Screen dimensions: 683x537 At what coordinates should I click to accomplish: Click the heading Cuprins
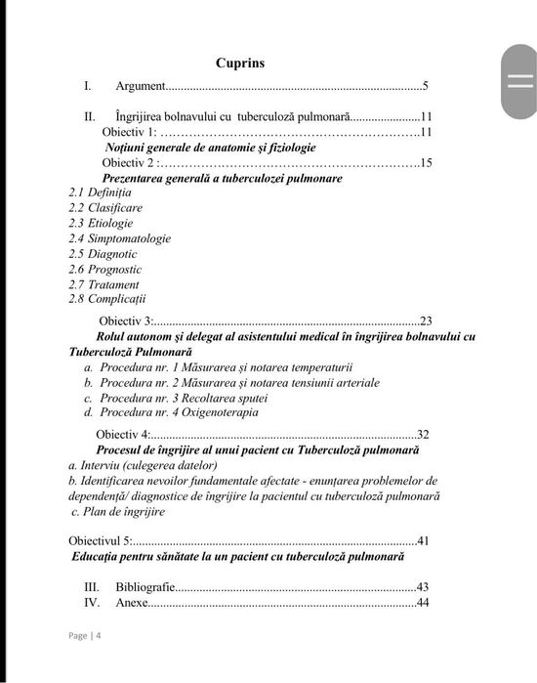(239, 64)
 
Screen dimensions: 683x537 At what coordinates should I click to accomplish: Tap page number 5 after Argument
(426, 87)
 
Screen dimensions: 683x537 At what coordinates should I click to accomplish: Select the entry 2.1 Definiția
(100, 192)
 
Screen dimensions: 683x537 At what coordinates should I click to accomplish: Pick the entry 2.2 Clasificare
(105, 208)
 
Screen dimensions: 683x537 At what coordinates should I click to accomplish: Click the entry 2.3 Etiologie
(101, 223)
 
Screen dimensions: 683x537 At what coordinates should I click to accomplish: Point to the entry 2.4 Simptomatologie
(119, 238)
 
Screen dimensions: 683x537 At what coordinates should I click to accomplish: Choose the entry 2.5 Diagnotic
(103, 254)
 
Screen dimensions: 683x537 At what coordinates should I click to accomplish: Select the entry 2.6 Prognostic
(105, 269)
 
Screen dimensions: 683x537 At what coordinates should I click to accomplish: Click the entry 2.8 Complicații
(107, 299)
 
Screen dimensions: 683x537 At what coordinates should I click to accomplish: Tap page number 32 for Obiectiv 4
(423, 435)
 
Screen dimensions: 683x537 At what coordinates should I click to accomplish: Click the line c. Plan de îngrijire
(118, 511)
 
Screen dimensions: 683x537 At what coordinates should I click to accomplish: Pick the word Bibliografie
(145, 587)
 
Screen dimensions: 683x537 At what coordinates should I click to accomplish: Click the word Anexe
(132, 603)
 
